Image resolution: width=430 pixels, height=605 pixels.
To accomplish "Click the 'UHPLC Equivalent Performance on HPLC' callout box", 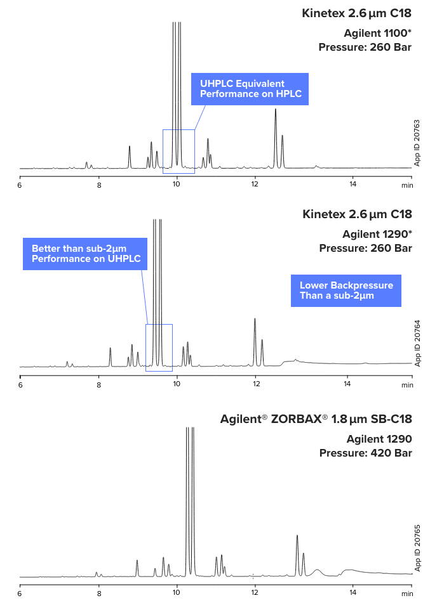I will (250, 89).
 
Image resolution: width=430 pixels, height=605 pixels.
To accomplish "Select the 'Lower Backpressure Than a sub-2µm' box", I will (346, 291).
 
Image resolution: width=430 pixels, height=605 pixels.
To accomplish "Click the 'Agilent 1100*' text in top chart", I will (377, 33).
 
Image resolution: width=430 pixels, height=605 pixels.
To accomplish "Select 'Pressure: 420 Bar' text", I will (365, 453).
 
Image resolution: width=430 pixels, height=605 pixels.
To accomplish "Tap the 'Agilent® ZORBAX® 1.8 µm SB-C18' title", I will (316, 419).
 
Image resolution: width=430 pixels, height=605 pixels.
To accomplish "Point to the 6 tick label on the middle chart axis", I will (20, 385).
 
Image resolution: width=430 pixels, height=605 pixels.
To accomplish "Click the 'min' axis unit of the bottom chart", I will (407, 594).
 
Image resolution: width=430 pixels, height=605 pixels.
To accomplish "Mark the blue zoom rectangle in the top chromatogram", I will (178, 151).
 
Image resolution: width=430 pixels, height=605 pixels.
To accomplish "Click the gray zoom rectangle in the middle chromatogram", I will (159, 348).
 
